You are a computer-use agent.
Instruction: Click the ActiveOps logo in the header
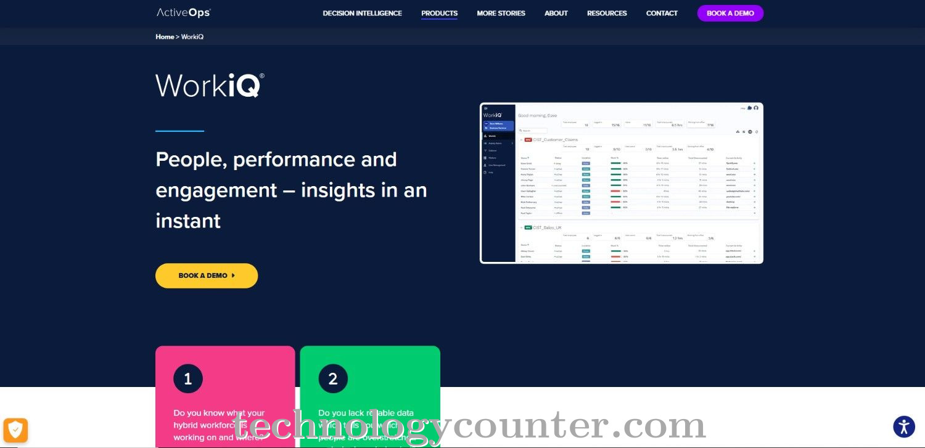pos(183,13)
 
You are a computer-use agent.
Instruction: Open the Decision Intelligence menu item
pos(362,13)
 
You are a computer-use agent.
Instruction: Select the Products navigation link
pos(439,13)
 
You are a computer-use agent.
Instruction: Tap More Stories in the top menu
pos(501,13)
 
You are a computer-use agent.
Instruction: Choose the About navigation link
pos(556,13)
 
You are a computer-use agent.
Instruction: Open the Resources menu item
pos(607,13)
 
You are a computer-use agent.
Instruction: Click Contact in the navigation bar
pos(662,13)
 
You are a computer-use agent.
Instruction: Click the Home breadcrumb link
pos(165,37)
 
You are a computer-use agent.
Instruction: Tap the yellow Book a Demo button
pos(207,275)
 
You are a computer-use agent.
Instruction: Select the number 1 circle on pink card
pos(188,379)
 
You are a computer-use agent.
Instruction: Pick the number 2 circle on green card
pos(333,379)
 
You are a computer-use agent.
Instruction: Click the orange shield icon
pos(15,430)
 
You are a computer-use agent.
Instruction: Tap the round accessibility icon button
pos(904,426)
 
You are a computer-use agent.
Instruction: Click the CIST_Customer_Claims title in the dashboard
pos(556,140)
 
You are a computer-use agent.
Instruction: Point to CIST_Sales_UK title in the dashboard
pos(547,227)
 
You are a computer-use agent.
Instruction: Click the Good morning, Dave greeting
pos(537,115)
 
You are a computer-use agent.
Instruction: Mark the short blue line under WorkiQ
pos(179,131)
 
